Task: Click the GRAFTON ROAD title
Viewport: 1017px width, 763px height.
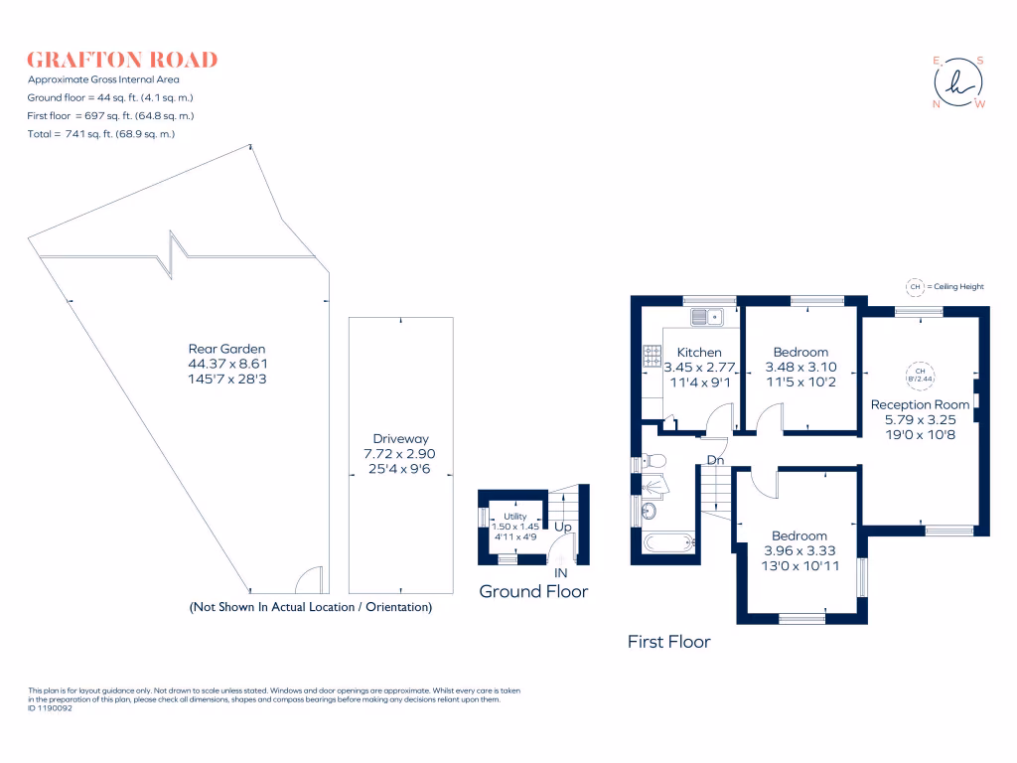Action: (122, 60)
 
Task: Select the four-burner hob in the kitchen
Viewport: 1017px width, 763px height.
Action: (653, 356)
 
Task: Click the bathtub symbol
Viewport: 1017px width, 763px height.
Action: (668, 541)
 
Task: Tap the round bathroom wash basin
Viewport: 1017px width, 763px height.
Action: (650, 511)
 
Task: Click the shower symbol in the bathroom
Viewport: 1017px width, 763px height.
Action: (655, 485)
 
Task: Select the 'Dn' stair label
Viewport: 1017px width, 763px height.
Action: (714, 460)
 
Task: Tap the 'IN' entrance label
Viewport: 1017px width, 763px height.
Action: (561, 572)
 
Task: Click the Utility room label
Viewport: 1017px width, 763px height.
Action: (514, 517)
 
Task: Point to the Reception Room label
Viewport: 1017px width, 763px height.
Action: (920, 404)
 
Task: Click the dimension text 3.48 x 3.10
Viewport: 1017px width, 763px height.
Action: (800, 367)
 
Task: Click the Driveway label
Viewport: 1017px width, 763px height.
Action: (401, 438)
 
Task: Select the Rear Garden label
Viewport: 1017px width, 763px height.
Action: (226, 349)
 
